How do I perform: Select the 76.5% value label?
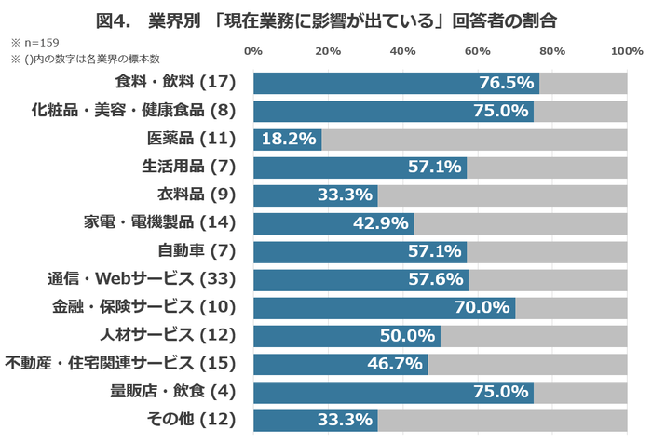[x=506, y=84]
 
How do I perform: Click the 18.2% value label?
[x=287, y=140]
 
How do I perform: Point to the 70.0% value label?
[x=482, y=307]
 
